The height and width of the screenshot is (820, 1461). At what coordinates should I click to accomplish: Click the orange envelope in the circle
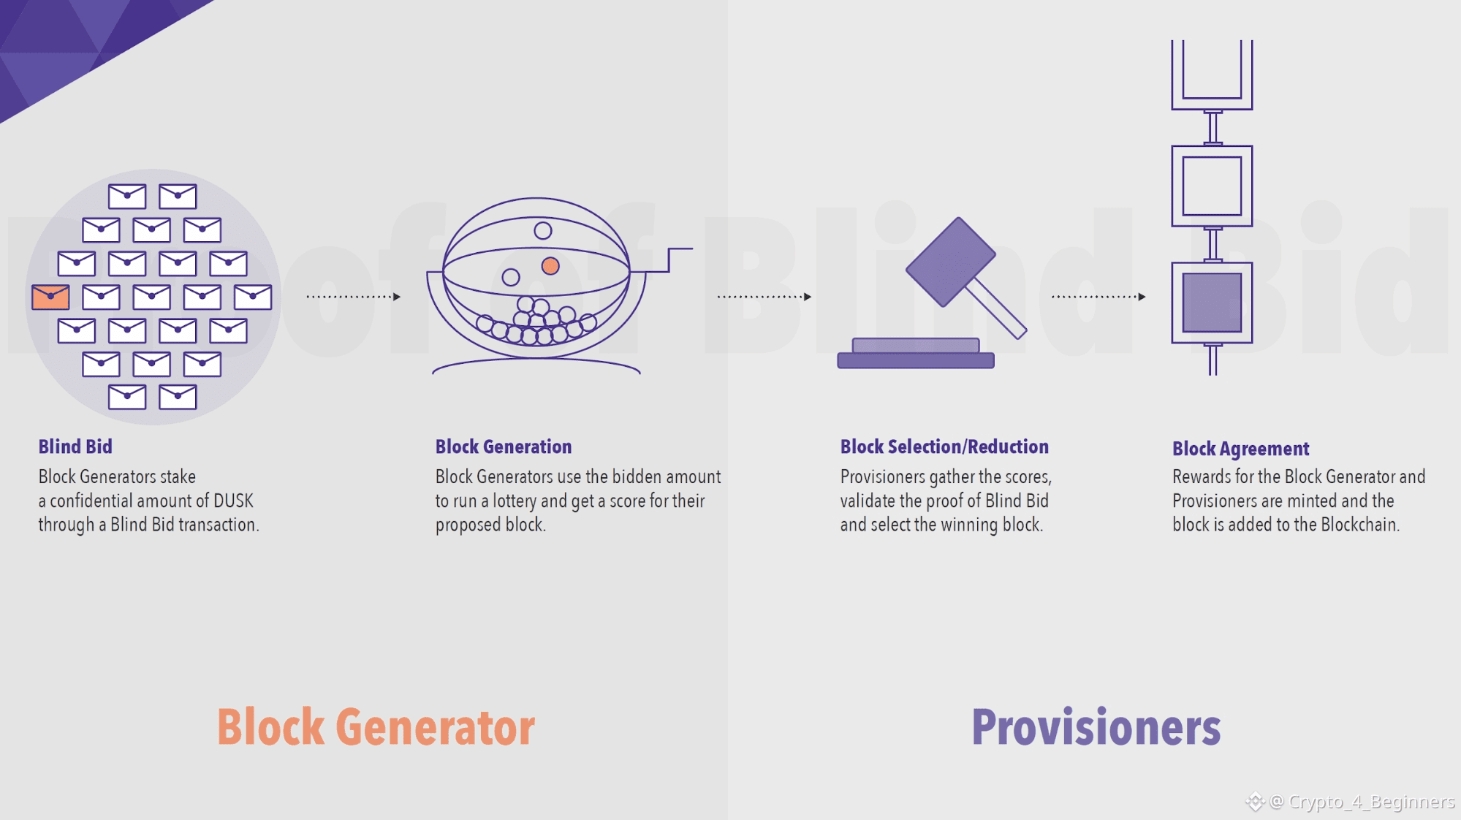point(50,297)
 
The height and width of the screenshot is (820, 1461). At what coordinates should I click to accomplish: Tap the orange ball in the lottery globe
point(550,266)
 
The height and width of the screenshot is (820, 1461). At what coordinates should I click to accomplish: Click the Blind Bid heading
point(75,447)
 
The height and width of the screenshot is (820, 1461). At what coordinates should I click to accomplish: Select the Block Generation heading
point(504,447)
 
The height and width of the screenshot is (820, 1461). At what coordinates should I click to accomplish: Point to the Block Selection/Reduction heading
point(944,447)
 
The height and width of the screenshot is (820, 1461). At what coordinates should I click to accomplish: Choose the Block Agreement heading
point(1240,449)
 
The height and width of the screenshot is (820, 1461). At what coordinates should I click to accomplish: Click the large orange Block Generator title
point(376,727)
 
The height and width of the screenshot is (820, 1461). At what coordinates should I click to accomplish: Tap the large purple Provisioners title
point(1096,727)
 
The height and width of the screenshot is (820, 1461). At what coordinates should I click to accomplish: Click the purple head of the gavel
point(950,262)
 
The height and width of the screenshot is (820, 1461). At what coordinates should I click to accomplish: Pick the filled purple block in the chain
point(1212,303)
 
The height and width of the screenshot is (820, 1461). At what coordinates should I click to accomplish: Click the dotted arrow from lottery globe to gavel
point(764,297)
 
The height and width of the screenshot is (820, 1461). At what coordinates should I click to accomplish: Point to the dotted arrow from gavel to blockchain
point(1098,297)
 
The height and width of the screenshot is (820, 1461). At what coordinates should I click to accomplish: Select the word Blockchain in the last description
point(1359,525)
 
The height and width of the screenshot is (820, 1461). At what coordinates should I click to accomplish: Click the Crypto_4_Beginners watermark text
point(1371,802)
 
